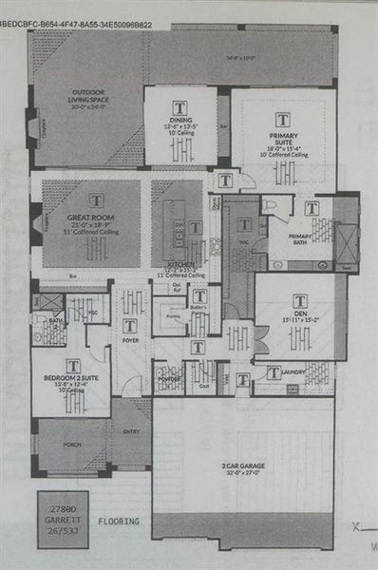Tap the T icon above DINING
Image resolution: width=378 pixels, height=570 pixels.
tap(180, 107)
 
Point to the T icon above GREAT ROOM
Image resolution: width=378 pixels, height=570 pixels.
tap(96, 200)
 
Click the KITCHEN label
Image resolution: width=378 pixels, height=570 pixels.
tap(181, 263)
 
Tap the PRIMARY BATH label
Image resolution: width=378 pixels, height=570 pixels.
tap(300, 235)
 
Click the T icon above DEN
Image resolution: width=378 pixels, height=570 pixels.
tap(300, 301)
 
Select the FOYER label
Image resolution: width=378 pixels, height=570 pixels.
tap(129, 338)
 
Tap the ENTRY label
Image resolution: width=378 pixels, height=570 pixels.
tap(130, 430)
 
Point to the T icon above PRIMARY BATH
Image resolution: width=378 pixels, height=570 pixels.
tap(312, 208)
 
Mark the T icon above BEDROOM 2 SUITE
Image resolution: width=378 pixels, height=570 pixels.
tap(73, 365)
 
